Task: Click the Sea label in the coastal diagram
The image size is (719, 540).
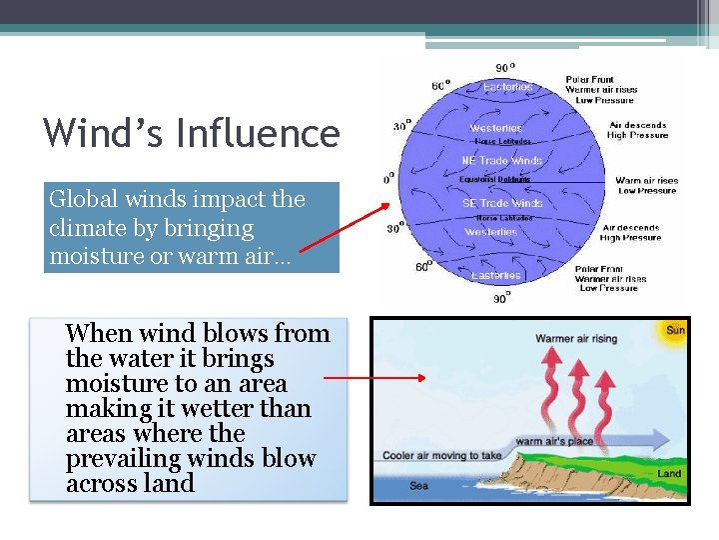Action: point(419,486)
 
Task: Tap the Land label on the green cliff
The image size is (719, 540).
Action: point(669,473)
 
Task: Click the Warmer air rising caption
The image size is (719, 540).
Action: point(576,339)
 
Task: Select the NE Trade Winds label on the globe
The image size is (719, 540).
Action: point(502,161)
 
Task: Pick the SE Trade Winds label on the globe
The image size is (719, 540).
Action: point(502,203)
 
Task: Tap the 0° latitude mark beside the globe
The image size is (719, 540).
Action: point(389,181)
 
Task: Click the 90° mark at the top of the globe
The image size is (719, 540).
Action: point(506,68)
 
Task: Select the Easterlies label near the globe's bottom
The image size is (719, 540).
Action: point(496,275)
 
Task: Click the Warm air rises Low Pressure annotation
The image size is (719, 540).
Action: point(645,186)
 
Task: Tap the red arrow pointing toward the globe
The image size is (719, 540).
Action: point(345,227)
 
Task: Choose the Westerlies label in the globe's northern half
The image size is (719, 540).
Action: point(496,128)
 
